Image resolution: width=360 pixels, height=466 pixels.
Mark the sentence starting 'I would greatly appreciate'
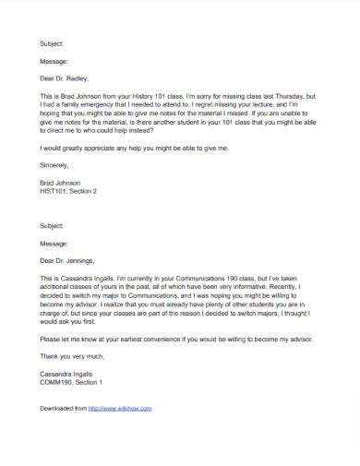133,149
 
